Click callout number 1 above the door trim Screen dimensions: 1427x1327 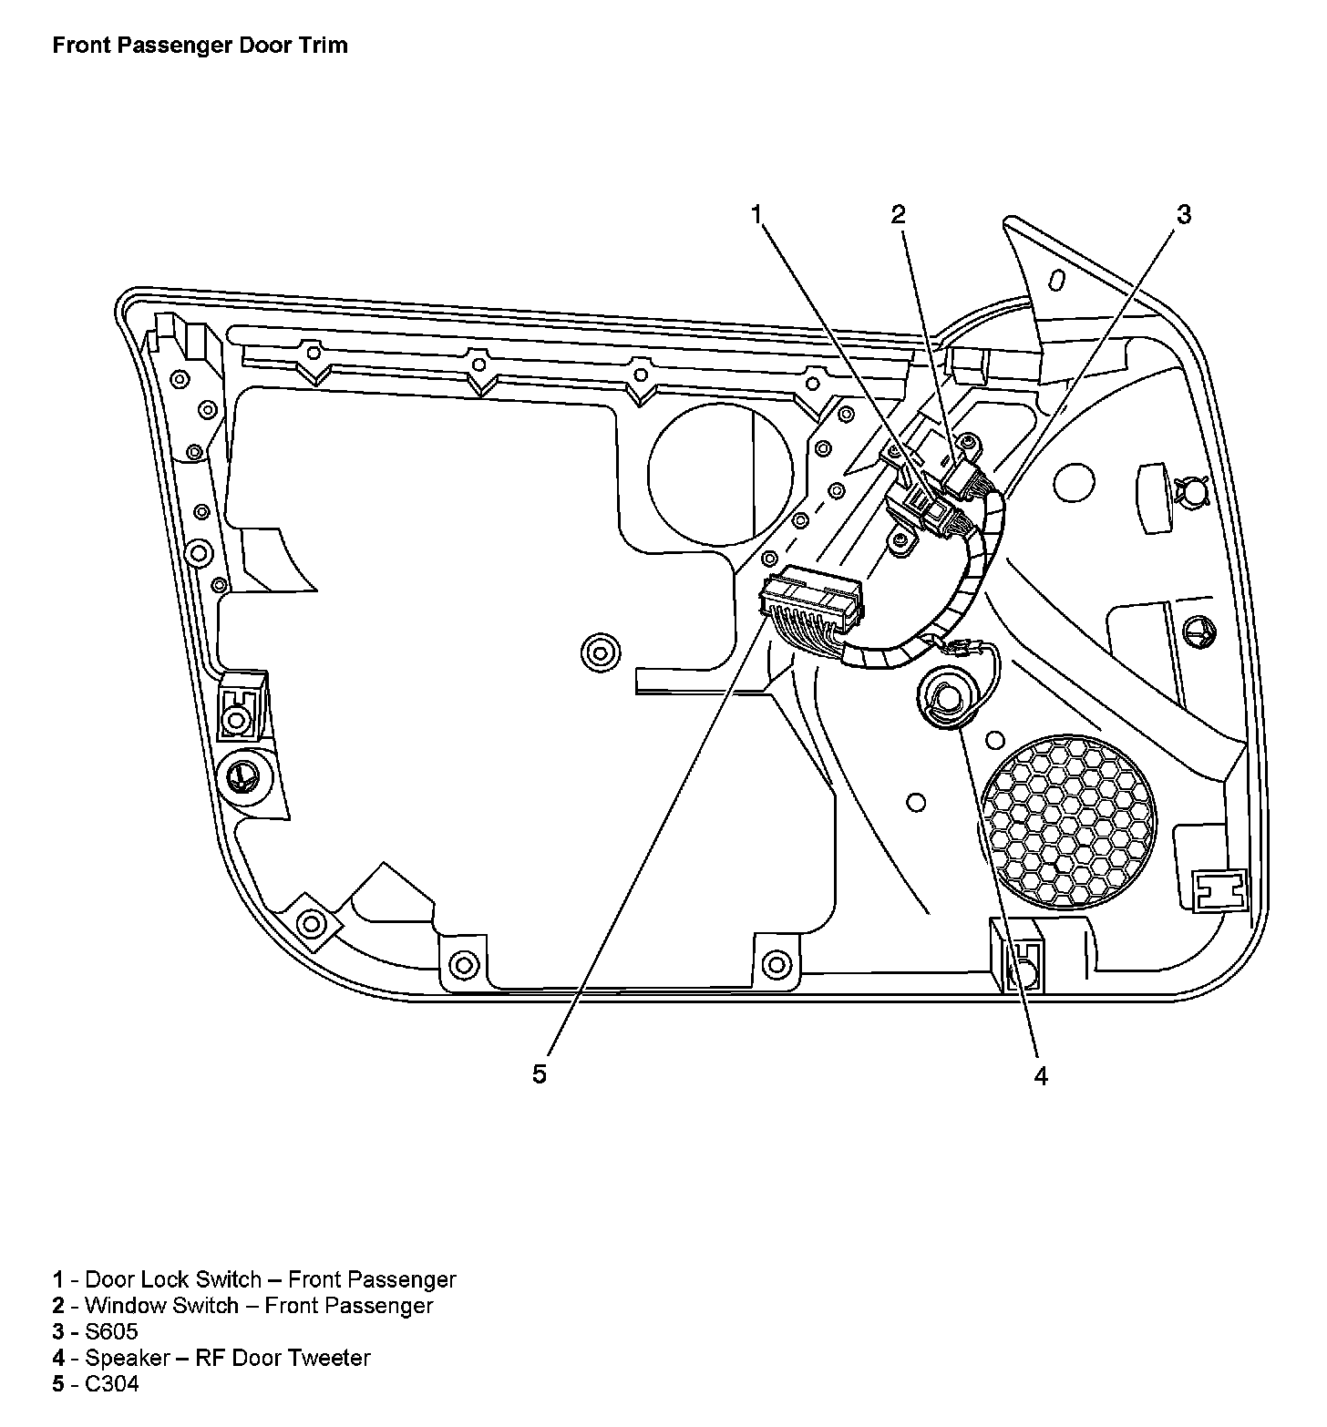click(756, 215)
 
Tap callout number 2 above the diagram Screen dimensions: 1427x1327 click(899, 215)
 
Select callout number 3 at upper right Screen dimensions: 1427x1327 click(1183, 215)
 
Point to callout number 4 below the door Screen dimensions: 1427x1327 click(1041, 1076)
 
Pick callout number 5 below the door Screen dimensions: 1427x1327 click(540, 1074)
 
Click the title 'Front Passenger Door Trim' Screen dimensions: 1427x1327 click(200, 45)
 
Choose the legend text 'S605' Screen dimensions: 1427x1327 click(111, 1331)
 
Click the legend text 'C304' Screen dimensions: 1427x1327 click(112, 1384)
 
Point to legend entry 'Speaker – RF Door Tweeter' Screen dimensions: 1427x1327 click(228, 1358)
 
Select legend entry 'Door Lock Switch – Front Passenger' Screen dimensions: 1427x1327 click(270, 1279)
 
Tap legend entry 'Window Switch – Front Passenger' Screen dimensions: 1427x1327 click(259, 1305)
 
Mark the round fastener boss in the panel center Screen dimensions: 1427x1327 click(599, 652)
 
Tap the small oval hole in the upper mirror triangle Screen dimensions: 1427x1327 click(1057, 278)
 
